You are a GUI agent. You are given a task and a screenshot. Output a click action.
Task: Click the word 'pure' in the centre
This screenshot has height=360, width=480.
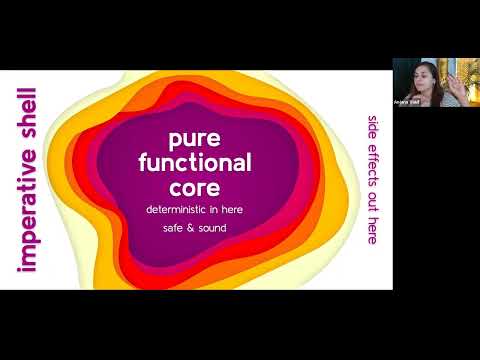200,140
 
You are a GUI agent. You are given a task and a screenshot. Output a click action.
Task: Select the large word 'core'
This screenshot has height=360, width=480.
200,186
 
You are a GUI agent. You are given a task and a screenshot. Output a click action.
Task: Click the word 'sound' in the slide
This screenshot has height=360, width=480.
215,228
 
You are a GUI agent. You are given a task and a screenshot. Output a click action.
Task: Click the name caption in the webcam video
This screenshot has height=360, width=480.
406,103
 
